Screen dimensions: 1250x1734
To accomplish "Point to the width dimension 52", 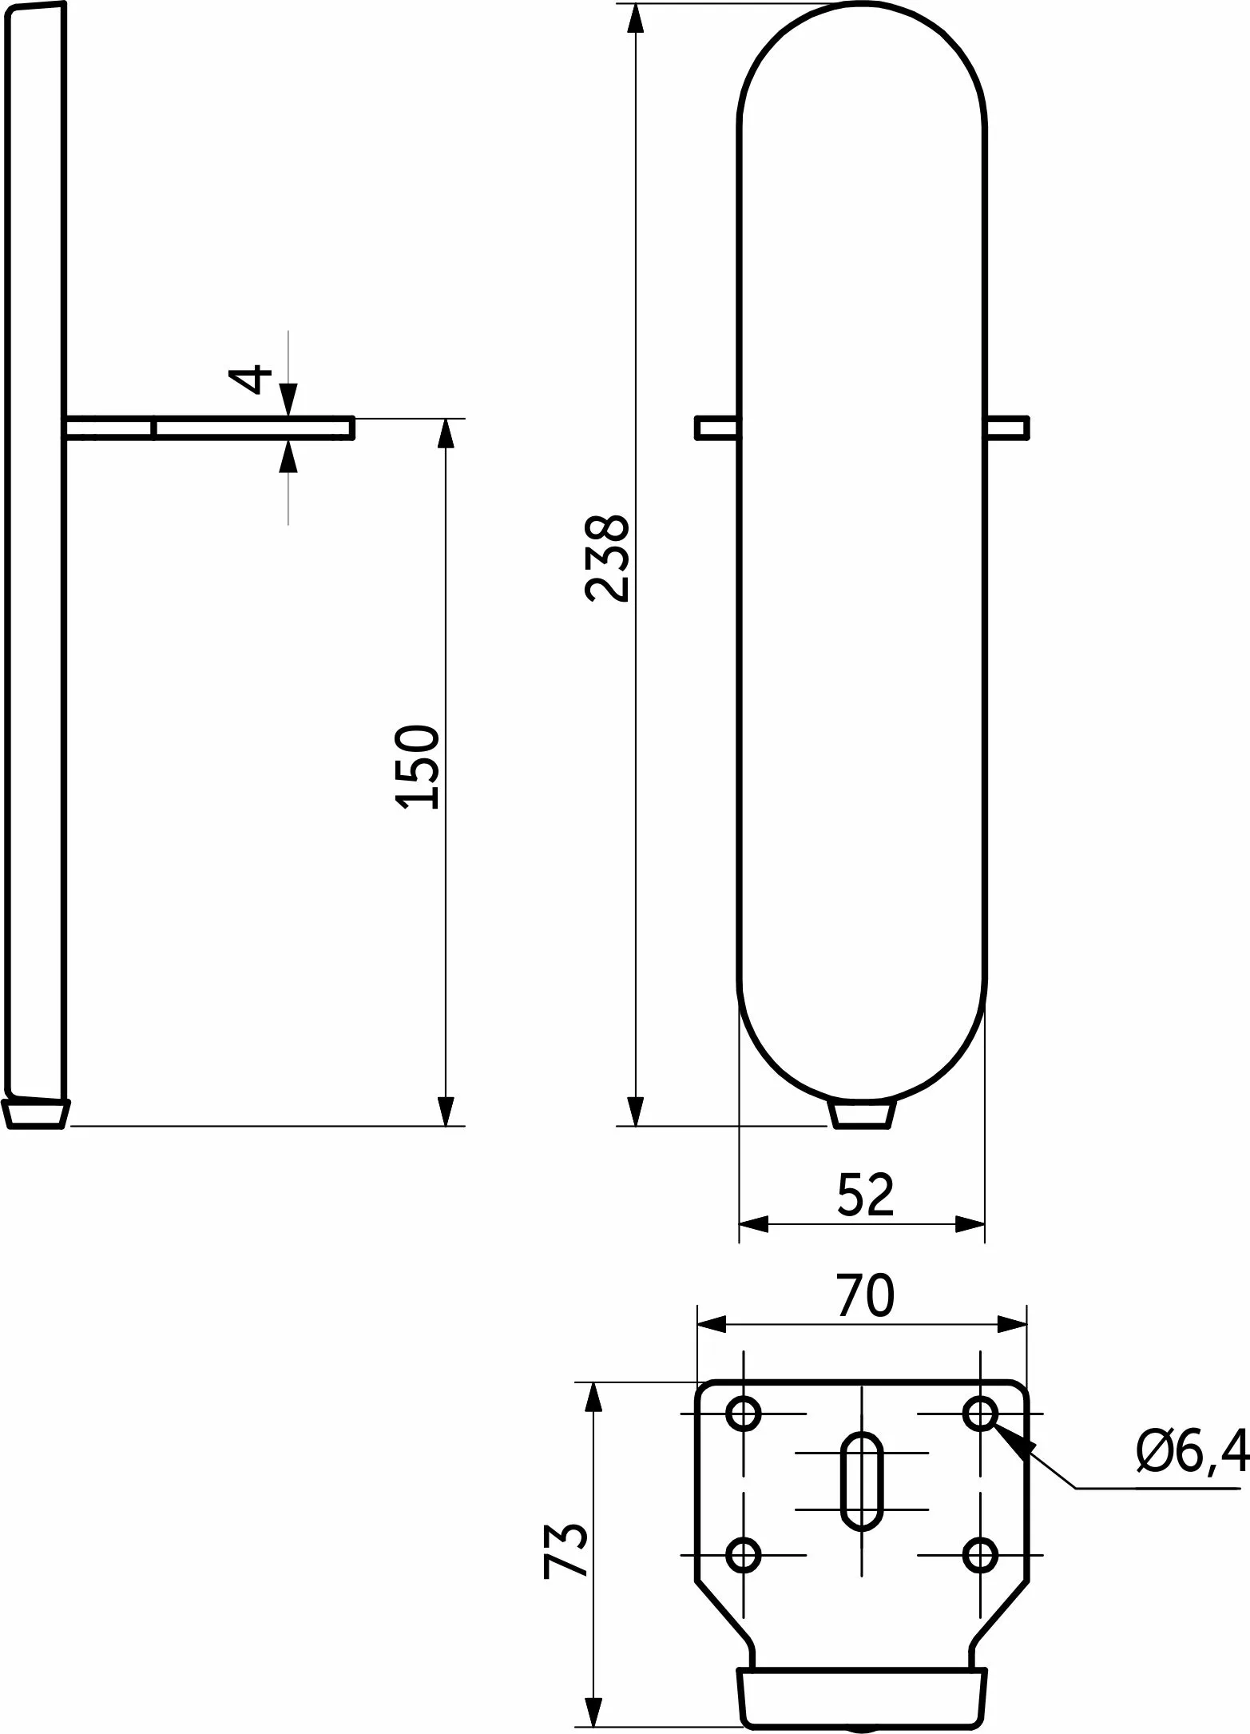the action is tap(866, 1195).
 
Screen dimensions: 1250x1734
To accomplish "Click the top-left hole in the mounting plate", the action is tap(744, 1413).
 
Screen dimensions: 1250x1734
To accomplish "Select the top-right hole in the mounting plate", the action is tap(980, 1413).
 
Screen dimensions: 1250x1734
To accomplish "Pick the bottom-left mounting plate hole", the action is tap(744, 1554).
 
